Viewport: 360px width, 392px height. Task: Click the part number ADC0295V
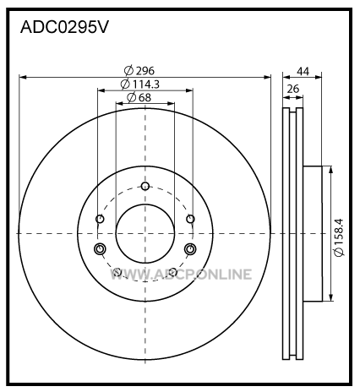[64, 28]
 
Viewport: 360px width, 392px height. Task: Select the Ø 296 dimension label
[139, 71]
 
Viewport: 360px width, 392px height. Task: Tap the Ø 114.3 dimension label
[140, 84]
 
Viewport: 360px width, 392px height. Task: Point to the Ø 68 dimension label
[139, 97]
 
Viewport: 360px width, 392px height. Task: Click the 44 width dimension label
[303, 72]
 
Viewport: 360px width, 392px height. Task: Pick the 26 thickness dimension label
[293, 89]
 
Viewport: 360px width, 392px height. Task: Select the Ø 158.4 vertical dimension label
[338, 237]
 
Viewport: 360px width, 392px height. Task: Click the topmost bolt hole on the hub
[145, 186]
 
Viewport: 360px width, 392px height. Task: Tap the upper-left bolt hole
[100, 219]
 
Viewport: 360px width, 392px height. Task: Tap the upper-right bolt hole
[190, 219]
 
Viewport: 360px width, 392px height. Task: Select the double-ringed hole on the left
[100, 249]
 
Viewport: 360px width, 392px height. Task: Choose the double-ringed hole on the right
[190, 249]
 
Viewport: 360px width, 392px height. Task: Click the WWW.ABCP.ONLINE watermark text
[181, 275]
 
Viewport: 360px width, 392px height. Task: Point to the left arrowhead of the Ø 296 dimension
[23, 77]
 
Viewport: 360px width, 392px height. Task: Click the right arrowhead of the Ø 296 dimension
[267, 77]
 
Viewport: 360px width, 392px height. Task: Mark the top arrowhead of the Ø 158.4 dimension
[330, 170]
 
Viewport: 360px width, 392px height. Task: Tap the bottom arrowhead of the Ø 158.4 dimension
[330, 297]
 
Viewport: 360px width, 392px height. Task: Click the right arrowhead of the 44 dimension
[318, 77]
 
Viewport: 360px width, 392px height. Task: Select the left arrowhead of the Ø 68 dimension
[120, 104]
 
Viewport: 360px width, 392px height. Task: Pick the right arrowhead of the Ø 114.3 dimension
[189, 90]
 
